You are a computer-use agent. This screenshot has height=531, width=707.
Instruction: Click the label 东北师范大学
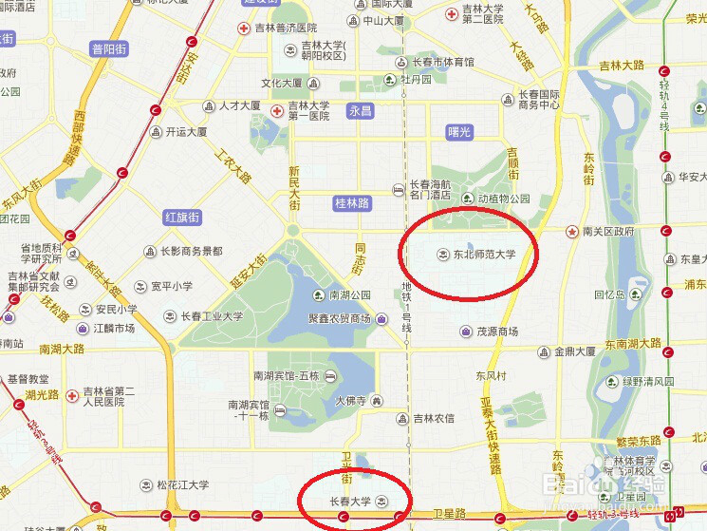pos(484,255)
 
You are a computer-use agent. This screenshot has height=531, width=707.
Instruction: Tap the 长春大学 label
pos(351,501)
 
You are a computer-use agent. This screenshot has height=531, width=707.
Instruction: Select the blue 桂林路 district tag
pos(353,203)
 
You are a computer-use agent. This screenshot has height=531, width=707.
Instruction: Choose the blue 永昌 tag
pos(360,111)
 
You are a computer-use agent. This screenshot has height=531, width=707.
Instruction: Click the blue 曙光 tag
pos(459,132)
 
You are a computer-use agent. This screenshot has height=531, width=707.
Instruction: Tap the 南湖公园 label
pos(349,295)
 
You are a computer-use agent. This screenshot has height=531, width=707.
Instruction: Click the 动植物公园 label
pos(503,199)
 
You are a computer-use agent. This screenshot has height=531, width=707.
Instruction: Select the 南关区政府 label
pos(608,231)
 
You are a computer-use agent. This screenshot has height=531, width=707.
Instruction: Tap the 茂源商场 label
pos(496,332)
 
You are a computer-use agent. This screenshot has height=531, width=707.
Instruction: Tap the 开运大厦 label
pos(186,132)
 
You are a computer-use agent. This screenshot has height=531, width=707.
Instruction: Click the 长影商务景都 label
pos(191,252)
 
